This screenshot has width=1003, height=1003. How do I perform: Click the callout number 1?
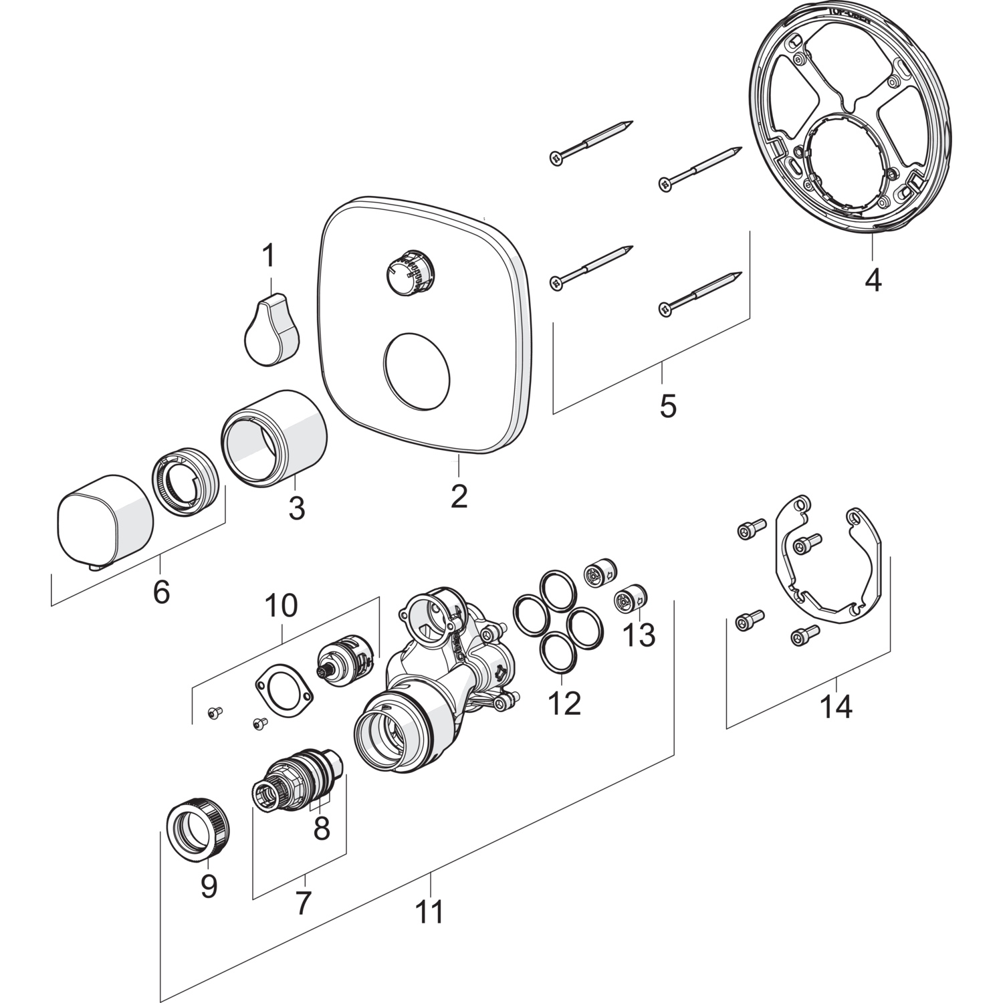pos(268,255)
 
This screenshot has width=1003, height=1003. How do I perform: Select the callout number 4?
pos(873,280)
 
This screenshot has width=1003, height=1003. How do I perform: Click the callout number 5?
pos(668,406)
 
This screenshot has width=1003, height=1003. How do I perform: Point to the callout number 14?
pos(836,707)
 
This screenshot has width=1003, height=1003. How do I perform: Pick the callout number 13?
pos(639,635)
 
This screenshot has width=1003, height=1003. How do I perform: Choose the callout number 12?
pos(565,703)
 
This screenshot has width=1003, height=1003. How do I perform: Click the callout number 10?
pos(281,606)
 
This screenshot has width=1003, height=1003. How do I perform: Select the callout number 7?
pos(303,903)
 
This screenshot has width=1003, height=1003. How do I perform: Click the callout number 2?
pos(459,495)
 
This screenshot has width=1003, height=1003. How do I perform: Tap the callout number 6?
pos(161,592)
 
